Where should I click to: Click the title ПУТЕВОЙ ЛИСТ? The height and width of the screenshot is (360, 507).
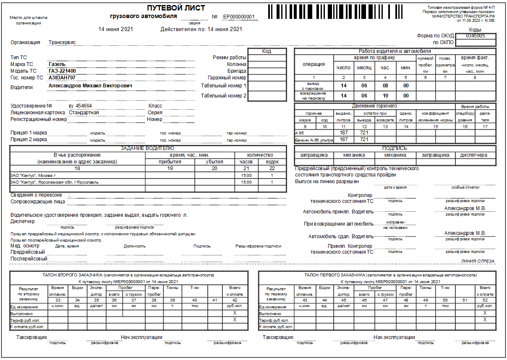point(176,8)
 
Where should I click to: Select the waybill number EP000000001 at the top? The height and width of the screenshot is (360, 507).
point(239,17)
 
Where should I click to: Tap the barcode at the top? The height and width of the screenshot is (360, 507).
point(337,12)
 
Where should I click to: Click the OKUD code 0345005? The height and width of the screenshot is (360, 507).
point(475,36)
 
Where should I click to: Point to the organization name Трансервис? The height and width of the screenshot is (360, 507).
point(62,42)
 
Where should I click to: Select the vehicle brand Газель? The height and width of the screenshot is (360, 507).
point(57,64)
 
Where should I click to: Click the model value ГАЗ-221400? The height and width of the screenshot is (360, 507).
point(62,71)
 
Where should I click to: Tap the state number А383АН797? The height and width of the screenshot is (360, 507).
point(62,78)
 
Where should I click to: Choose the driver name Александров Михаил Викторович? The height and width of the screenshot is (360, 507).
point(90,86)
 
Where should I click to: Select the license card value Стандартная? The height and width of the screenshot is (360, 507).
point(84,113)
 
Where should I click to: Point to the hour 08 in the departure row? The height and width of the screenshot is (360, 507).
point(385,86)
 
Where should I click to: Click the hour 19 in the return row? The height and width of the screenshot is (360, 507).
point(385,96)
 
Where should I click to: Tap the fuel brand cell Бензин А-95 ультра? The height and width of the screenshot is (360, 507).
point(314,140)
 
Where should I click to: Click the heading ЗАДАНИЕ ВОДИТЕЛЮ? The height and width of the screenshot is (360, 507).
point(148,148)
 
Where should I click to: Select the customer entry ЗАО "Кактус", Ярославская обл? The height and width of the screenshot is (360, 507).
point(55,182)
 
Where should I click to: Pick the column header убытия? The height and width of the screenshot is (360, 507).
point(214,162)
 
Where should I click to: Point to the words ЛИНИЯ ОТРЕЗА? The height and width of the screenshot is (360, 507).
point(477,261)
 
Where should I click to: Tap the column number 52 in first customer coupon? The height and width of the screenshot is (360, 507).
point(485,300)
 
